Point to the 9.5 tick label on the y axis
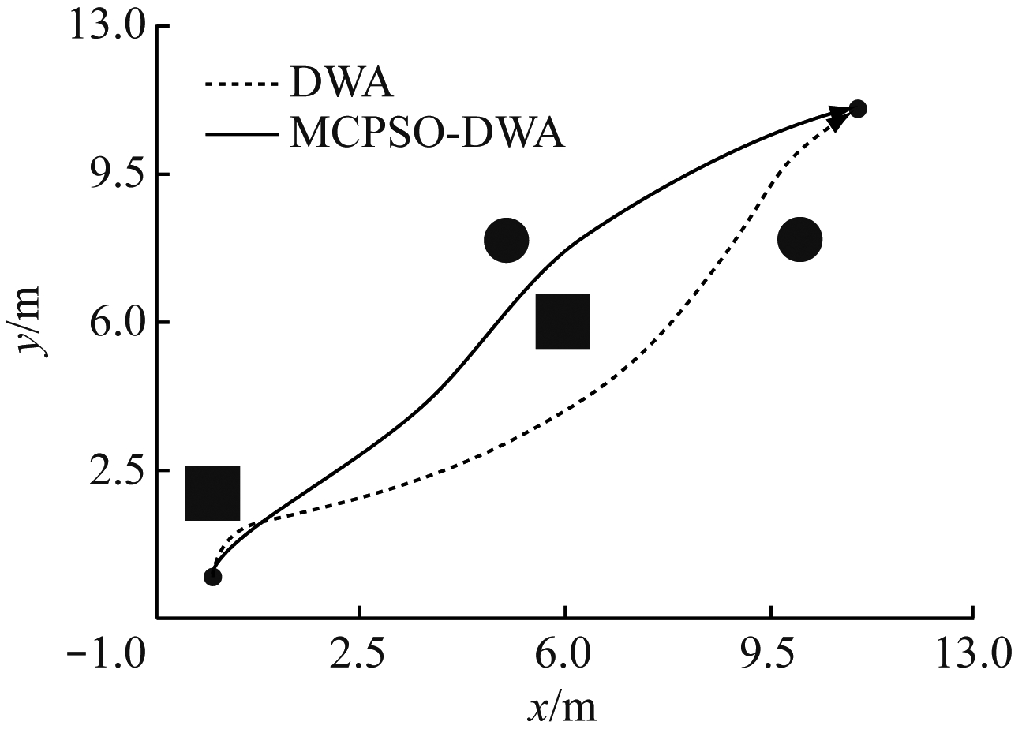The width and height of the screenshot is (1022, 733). coord(110,174)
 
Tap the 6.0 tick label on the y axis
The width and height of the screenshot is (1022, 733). coord(110,323)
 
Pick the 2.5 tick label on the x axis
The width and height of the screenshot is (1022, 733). coord(360,654)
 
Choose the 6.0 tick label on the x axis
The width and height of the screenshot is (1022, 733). coord(565,654)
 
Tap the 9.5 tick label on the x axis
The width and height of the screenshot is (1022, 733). coord(770,654)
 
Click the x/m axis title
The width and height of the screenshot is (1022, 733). coord(561,708)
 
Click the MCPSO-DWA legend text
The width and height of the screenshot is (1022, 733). coord(427,133)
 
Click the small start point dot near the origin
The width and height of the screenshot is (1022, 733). coord(212,577)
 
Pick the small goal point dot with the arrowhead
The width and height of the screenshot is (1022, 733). coord(858,109)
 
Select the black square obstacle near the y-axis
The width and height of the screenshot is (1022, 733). coord(212,493)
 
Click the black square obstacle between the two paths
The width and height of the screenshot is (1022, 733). coord(563,321)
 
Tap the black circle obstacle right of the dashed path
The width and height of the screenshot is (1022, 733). coord(799,239)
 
